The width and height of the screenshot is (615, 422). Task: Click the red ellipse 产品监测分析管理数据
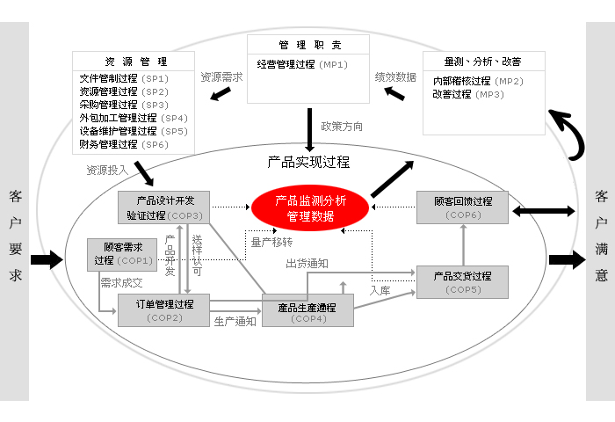311,207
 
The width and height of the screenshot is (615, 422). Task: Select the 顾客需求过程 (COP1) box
122,254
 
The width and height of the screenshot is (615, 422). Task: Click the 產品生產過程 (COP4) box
307,312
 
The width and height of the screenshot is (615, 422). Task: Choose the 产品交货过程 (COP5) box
461,282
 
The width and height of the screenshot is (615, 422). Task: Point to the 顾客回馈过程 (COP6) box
461,207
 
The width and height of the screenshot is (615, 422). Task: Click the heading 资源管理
136,62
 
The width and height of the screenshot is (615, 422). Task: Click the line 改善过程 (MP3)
467,94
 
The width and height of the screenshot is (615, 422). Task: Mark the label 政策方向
342,127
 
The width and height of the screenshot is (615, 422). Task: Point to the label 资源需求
221,76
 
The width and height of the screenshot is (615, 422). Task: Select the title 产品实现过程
308,162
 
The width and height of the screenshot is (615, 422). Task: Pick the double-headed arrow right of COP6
546,211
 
